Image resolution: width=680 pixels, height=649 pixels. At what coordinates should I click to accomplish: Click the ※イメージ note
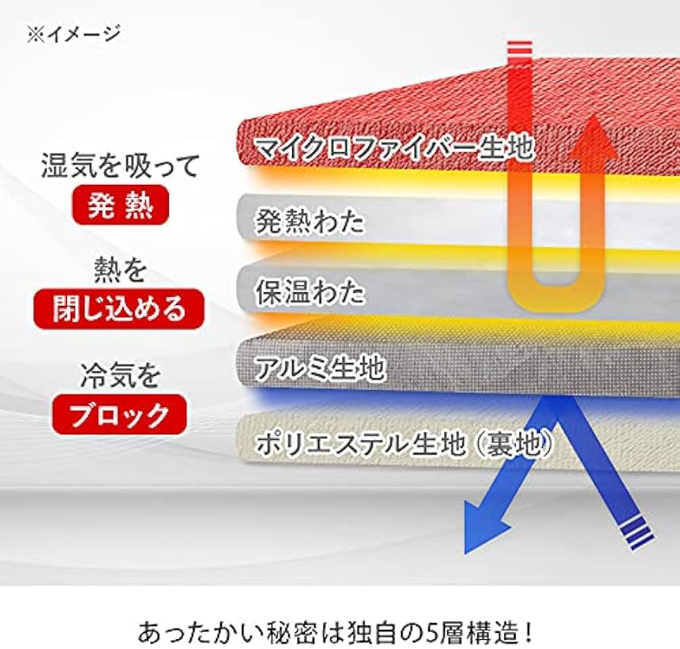pos(74,34)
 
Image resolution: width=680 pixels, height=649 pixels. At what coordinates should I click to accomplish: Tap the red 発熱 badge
pos(120,205)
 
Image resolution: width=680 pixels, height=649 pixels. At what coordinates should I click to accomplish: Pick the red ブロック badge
pos(120,414)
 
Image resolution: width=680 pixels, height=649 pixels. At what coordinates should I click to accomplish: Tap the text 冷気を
pos(120,376)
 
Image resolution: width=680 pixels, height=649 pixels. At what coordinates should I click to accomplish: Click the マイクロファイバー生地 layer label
pos(394,147)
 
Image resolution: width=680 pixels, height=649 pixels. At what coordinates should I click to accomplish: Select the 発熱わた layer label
pos(310,222)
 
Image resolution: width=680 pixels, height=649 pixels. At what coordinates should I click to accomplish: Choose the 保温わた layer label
pos(310,293)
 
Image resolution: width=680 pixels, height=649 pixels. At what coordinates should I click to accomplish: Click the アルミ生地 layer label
pos(320,368)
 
